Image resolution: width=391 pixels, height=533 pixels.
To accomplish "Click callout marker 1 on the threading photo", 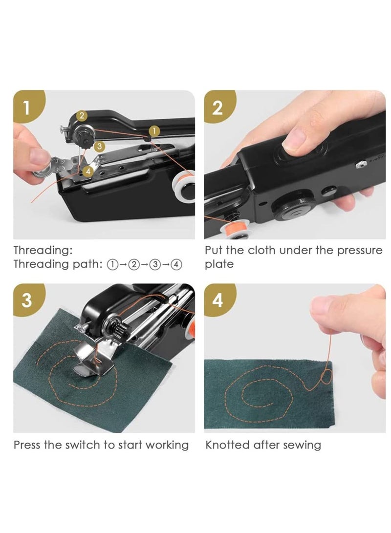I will (x=153, y=130).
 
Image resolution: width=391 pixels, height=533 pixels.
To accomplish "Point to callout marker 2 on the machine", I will (x=82, y=116).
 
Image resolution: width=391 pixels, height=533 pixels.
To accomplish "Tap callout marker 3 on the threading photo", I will (x=99, y=146).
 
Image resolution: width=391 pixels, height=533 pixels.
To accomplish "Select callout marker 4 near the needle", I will (x=87, y=171).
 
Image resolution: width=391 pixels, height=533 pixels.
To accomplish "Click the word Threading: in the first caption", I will (x=43, y=251).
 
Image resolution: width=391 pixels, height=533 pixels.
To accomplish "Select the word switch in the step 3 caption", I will (x=84, y=445).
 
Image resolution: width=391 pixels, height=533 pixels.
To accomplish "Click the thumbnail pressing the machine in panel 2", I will (x=295, y=140).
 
